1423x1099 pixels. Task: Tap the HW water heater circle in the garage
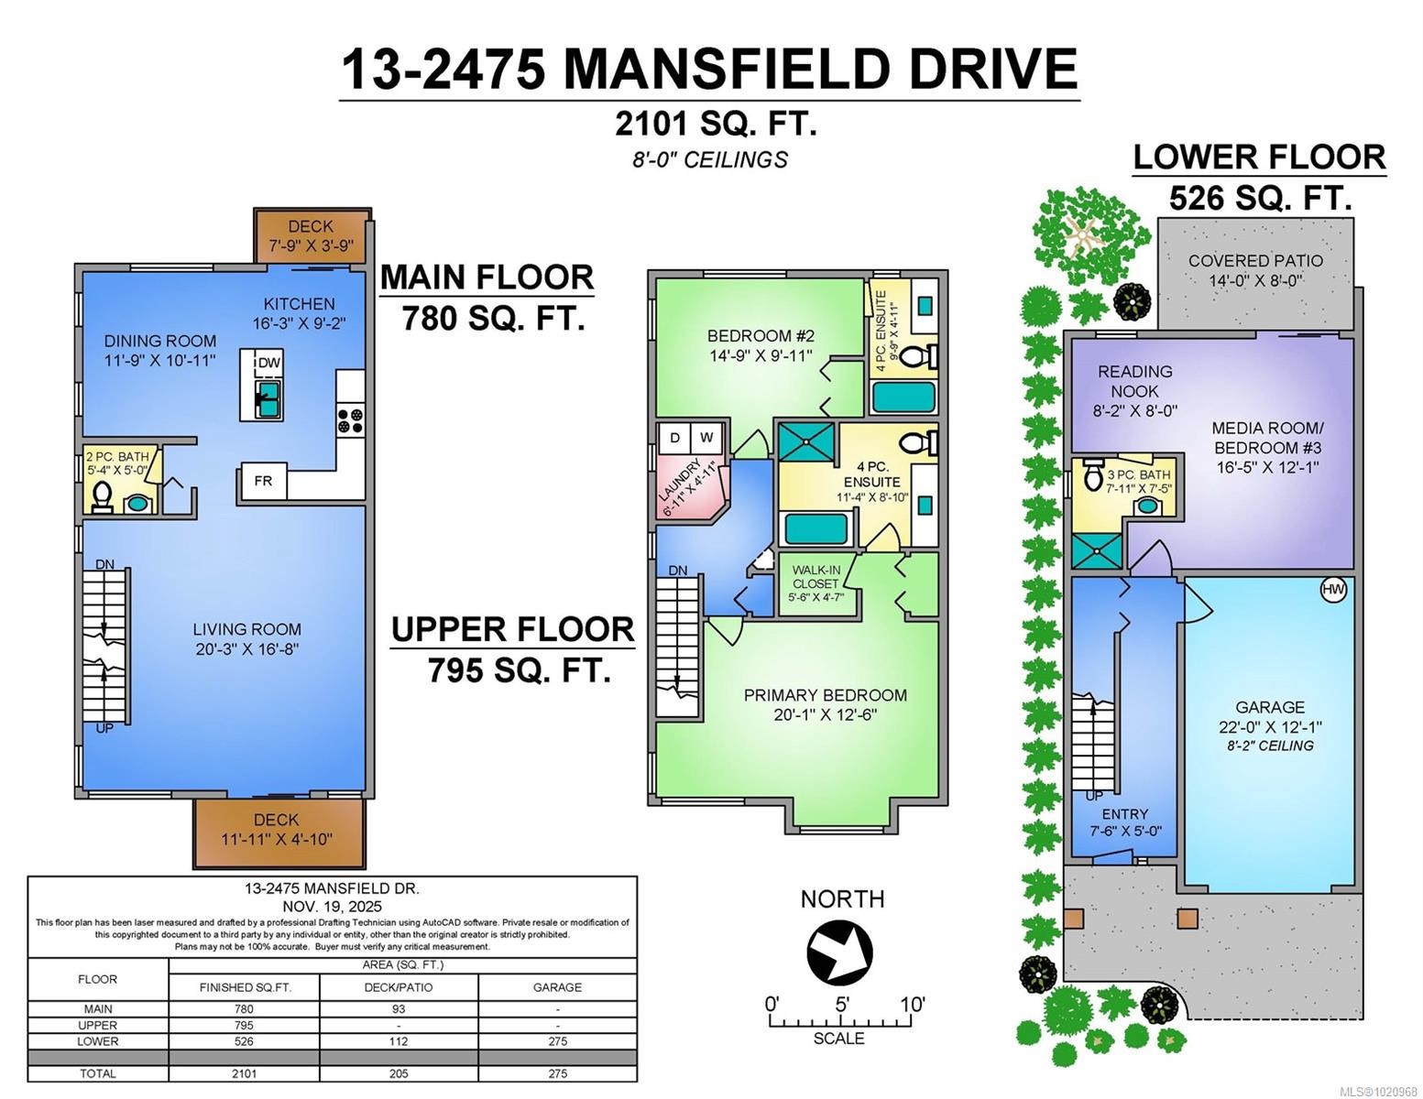[1333, 590]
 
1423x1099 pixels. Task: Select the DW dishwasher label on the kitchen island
[268, 363]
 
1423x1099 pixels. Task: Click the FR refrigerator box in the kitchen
[263, 481]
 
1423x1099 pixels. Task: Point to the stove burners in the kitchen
[350, 420]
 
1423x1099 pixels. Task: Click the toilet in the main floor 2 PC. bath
[103, 500]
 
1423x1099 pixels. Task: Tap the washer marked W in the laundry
[707, 438]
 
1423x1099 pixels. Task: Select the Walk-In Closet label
[815, 576]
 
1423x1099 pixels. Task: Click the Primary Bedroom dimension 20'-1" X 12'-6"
[825, 714]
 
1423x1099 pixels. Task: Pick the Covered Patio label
[1254, 261]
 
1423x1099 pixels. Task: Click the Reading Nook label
[1134, 381]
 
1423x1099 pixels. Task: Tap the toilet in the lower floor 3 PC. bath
[1093, 476]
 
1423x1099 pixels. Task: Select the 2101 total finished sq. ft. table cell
[244, 1073]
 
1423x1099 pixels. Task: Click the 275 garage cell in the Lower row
[557, 1041]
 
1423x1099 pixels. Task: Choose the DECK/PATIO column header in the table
[398, 987]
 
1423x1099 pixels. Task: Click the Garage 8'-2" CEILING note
[1270, 745]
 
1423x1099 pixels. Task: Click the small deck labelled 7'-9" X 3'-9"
[312, 236]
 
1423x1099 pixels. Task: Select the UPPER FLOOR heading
[512, 630]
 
